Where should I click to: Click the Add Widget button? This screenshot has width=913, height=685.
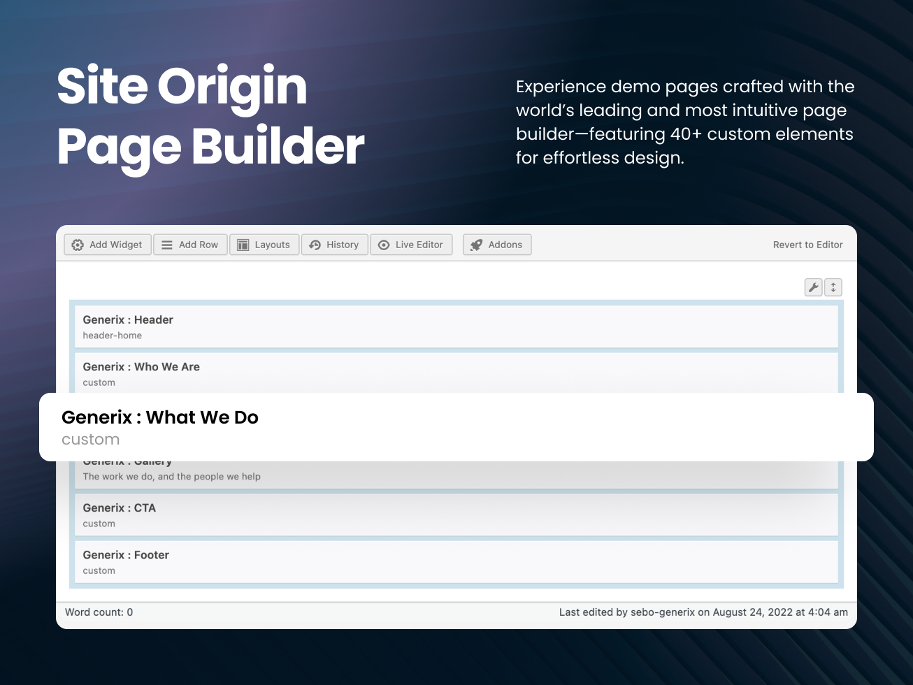(108, 245)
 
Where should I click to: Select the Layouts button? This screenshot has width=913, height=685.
(264, 245)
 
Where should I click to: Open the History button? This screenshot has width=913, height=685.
(334, 245)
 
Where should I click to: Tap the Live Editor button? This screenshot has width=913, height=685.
(411, 245)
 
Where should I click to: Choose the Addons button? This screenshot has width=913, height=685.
(497, 245)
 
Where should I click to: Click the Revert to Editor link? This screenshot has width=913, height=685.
(807, 245)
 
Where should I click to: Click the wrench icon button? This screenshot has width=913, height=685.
(813, 287)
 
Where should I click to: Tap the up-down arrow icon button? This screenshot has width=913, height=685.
(833, 287)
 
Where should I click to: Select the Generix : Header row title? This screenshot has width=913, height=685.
(128, 319)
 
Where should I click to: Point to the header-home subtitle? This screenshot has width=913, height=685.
(112, 336)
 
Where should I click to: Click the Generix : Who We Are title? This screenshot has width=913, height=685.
(141, 367)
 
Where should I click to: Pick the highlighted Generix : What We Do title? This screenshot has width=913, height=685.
(160, 417)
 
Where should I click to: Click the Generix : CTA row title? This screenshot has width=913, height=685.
(119, 508)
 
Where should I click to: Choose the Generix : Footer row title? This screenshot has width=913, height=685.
(126, 555)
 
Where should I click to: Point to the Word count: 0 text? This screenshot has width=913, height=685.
(99, 612)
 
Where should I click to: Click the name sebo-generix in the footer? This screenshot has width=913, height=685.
(663, 612)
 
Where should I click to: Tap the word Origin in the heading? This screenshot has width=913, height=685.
(232, 87)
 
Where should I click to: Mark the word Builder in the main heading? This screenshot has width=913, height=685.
(278, 147)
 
